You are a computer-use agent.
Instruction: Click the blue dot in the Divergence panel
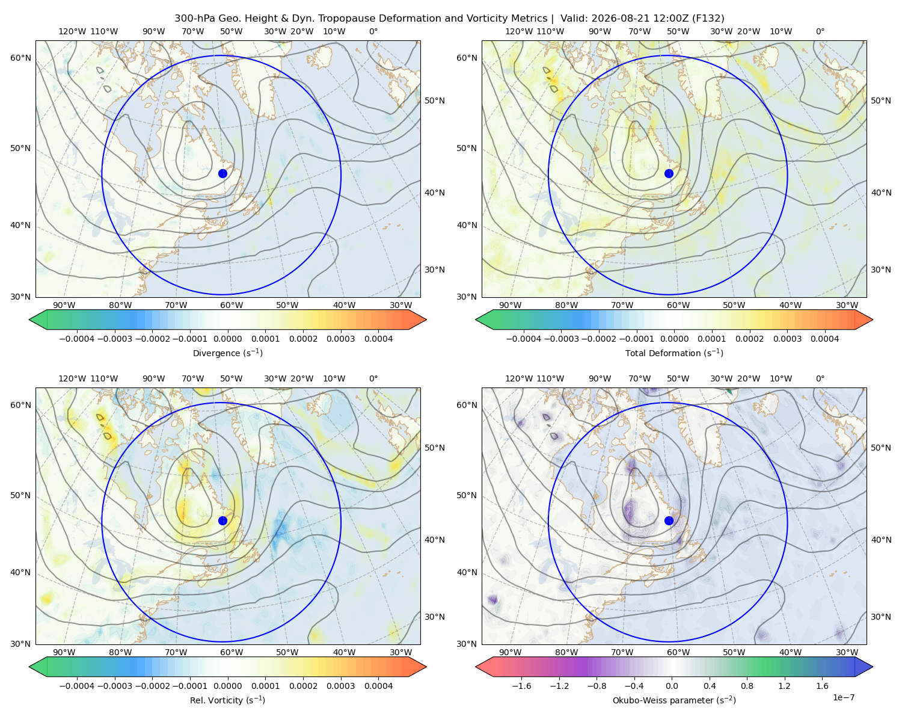point(222,173)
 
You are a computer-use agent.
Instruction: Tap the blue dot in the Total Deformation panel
point(669,173)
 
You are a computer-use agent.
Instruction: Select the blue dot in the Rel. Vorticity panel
point(222,520)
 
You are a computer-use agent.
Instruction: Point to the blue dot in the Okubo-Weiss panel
point(669,520)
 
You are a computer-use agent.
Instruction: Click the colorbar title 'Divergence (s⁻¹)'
point(227,353)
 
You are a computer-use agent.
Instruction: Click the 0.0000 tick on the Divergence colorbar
point(227,339)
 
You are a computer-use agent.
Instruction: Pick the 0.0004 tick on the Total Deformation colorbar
point(824,339)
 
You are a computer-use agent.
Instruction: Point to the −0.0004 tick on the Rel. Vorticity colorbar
point(77,686)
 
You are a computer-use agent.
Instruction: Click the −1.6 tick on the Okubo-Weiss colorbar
point(521,686)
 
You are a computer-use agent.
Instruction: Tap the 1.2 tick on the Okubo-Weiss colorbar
point(784,686)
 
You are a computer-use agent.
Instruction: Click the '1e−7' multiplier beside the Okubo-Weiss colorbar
point(843,697)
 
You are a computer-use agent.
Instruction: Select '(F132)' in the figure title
point(708,19)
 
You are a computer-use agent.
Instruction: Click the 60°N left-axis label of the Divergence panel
point(20,58)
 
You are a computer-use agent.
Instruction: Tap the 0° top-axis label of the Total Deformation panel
point(820,31)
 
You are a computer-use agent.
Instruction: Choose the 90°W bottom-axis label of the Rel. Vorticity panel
point(64,652)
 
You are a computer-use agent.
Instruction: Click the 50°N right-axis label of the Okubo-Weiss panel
point(881,448)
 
